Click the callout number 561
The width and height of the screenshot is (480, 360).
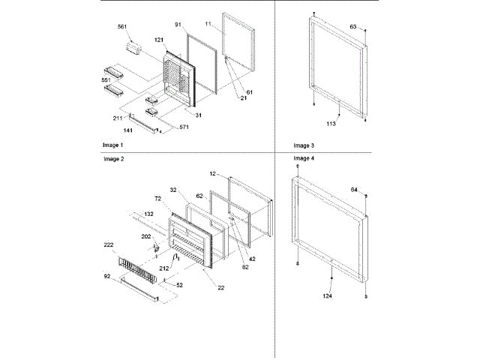click(x=121, y=27)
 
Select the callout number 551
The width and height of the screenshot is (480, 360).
click(x=107, y=79)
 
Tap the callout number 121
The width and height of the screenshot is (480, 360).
click(x=159, y=40)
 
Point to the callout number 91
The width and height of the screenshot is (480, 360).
click(x=178, y=25)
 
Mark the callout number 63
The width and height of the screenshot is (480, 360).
click(x=352, y=26)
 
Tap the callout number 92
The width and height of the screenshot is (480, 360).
click(x=107, y=277)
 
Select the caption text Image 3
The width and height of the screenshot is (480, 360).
click(x=304, y=144)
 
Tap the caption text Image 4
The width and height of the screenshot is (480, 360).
click(x=304, y=159)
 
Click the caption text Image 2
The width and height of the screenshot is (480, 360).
click(x=112, y=159)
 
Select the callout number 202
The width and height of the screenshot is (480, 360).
click(x=146, y=237)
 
